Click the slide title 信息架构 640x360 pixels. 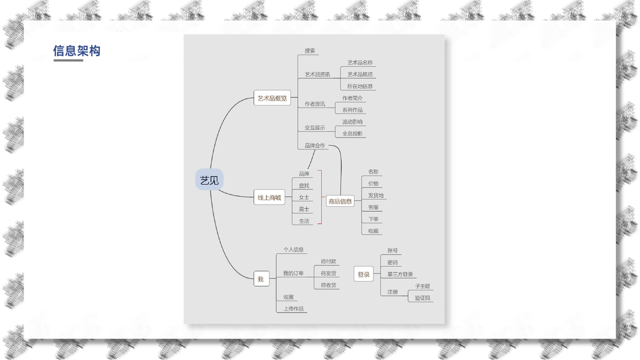click(x=77, y=51)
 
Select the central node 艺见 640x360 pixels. click(x=209, y=180)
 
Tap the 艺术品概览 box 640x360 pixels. click(x=272, y=98)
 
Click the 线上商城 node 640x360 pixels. click(x=269, y=197)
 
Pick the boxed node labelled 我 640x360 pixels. click(x=261, y=280)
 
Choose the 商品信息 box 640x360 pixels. click(x=340, y=202)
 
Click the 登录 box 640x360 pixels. click(x=364, y=275)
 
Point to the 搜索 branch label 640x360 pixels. click(x=310, y=51)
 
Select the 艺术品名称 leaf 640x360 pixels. click(x=360, y=62)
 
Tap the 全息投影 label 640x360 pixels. click(x=352, y=134)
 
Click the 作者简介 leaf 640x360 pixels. click(x=352, y=98)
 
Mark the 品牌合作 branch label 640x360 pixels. click(x=315, y=145)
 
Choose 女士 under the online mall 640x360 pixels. click(x=304, y=197)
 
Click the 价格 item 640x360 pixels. click(x=373, y=184)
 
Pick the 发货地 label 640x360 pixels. click(x=376, y=196)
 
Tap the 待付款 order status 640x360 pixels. click(x=328, y=262)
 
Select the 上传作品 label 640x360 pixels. click(x=294, y=309)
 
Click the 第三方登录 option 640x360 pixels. click(x=400, y=275)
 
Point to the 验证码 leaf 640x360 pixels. click(x=423, y=298)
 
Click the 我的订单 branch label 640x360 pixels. click(x=294, y=274)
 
